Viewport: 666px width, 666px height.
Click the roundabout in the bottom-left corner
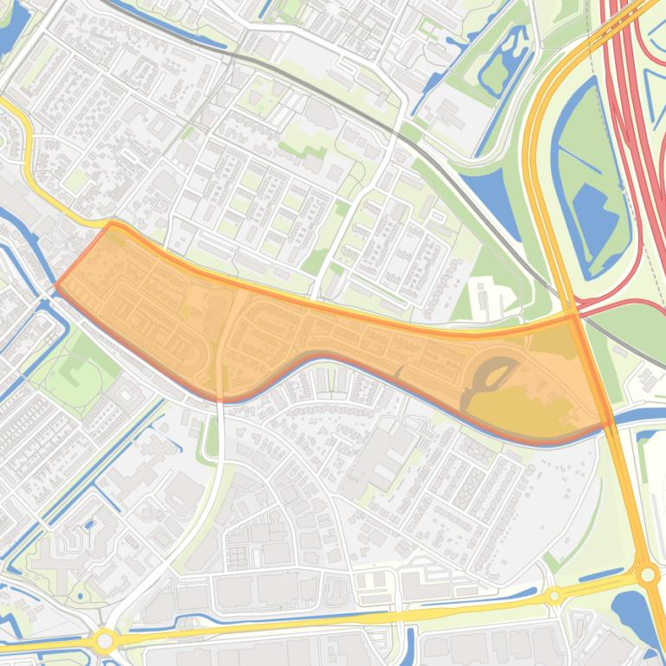[106, 641]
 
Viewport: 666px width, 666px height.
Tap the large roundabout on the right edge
[647, 573]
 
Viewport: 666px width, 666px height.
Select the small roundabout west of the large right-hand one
[554, 596]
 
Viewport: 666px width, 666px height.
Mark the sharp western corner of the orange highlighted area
[57, 285]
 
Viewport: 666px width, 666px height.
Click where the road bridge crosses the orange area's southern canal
[220, 398]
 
